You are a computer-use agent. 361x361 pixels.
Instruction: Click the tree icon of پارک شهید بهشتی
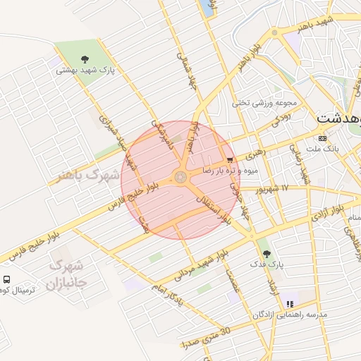[x=85, y=59]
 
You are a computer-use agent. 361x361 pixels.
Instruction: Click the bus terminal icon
[x=6, y=279]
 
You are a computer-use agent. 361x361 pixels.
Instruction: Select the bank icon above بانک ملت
[x=322, y=137]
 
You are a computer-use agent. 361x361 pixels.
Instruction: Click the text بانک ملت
[x=324, y=149]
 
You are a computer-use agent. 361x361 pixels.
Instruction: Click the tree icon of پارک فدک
[x=264, y=252]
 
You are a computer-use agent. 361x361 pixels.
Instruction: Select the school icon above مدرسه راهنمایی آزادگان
[x=289, y=304]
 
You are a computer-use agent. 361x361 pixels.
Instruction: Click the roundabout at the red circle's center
[x=181, y=177]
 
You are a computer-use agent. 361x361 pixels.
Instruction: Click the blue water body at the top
[x=206, y=7]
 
